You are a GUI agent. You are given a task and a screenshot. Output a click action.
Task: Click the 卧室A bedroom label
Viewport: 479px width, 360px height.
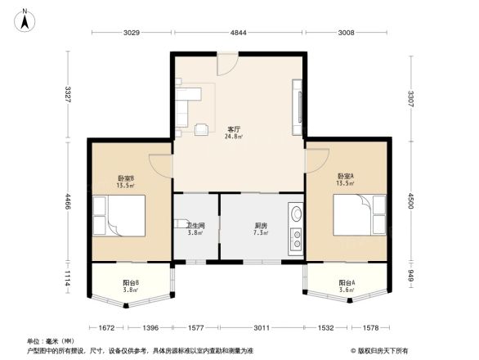click(345, 176)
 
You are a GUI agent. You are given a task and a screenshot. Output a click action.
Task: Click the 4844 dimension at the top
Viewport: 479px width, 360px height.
click(237, 33)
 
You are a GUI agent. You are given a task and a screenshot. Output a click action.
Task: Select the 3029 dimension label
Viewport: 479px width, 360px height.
click(132, 33)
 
